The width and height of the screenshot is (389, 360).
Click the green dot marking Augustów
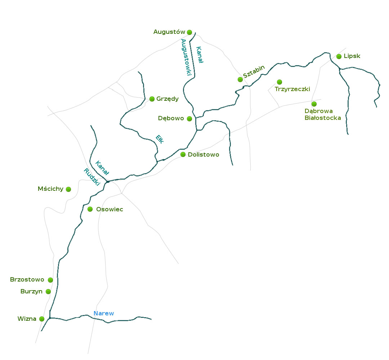[x=189, y=32]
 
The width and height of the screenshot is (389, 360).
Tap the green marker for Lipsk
[x=339, y=57]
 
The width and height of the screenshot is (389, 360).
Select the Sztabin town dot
[x=240, y=80]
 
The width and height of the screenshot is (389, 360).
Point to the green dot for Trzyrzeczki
[x=280, y=82]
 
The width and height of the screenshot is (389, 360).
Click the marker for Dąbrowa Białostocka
[x=314, y=104]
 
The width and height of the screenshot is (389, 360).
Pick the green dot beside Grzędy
[x=152, y=99]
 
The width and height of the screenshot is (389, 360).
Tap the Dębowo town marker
[x=189, y=119]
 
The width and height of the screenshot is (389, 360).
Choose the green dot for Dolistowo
[x=183, y=155]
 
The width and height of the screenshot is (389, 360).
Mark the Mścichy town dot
[x=68, y=189]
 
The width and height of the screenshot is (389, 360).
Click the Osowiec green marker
[x=90, y=209]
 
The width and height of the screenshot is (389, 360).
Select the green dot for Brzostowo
[x=50, y=280]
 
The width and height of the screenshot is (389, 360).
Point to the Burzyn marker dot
[x=48, y=292]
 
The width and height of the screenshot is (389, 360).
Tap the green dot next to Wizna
[x=42, y=319]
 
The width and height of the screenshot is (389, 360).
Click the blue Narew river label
[x=104, y=314]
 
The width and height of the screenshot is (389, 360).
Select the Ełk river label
[x=160, y=139]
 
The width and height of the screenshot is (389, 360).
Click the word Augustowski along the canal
[x=187, y=57]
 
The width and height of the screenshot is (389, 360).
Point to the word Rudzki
[x=92, y=177]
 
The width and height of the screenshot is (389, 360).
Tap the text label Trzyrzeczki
[x=292, y=89]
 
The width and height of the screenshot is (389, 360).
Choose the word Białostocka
[x=323, y=118]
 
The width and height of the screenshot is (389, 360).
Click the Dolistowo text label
[x=204, y=155]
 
